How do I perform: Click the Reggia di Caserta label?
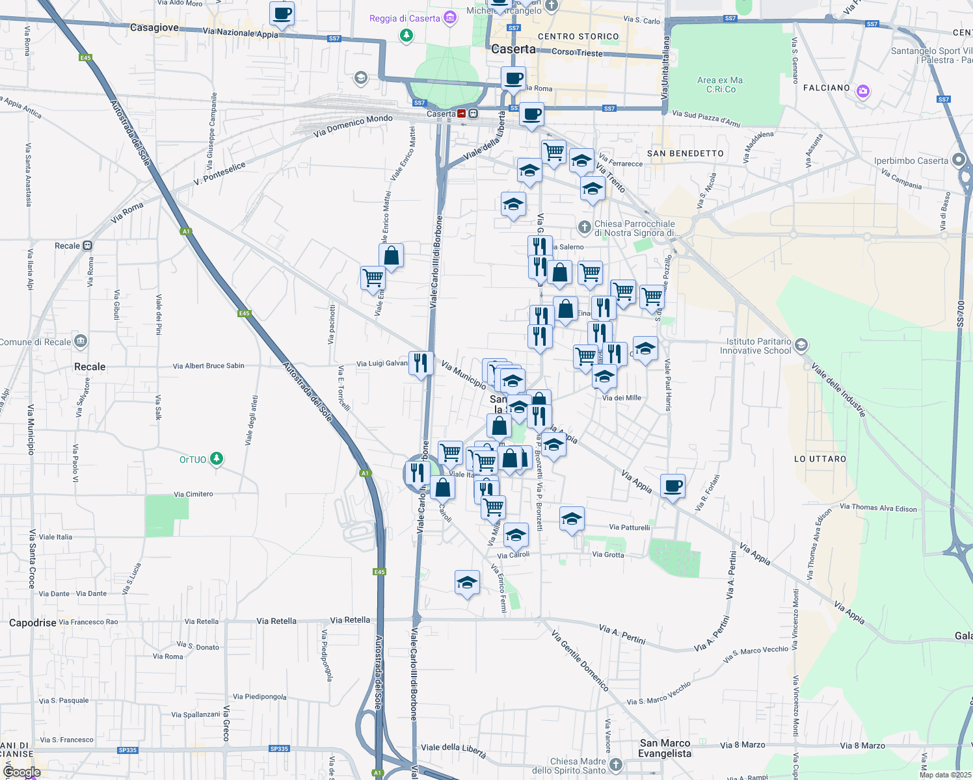[405, 18]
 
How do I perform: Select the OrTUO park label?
[193, 460]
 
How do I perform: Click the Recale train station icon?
[88, 246]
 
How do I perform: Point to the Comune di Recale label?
[36, 342]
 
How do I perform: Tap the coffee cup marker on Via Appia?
[673, 486]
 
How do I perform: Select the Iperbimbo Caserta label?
[911, 161]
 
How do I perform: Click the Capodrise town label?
[33, 623]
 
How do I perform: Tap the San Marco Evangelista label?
[665, 748]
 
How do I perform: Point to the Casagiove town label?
[154, 28]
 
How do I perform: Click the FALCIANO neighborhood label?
[827, 88]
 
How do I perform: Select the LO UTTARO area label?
[820, 459]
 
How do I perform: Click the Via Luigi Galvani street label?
[382, 364]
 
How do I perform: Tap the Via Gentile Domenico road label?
[580, 660]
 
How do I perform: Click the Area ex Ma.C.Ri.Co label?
[721, 85]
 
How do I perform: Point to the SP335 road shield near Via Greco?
[279, 749]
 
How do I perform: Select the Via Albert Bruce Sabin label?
[209, 366]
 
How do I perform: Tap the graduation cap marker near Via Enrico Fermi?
[467, 583]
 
